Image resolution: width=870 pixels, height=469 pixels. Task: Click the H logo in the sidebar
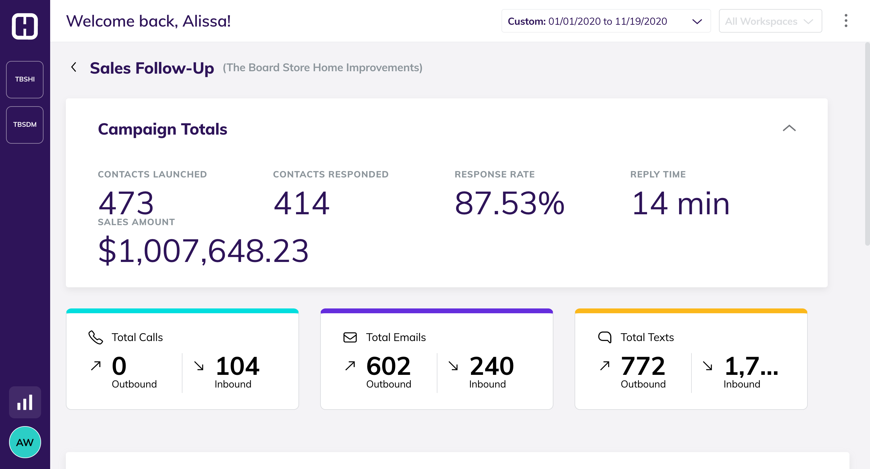(25, 26)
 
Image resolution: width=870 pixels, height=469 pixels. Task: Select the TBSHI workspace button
(25, 79)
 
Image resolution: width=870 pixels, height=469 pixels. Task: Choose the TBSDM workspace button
(25, 125)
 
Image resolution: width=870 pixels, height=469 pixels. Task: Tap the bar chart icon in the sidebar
(25, 402)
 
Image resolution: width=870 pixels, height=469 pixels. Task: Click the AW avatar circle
(25, 442)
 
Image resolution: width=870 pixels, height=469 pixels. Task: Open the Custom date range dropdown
(606, 21)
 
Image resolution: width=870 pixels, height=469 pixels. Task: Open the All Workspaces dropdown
(770, 21)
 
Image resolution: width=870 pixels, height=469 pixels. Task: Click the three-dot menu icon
(846, 21)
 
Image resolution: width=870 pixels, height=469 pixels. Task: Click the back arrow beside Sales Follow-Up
(74, 67)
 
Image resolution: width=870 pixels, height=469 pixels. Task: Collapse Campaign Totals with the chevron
(789, 128)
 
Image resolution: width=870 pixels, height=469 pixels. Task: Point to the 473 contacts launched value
(126, 203)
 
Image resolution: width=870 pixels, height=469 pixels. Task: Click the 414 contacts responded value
(301, 203)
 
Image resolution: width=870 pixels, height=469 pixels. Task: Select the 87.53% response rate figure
(509, 203)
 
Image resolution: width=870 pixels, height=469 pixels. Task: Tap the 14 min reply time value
(680, 203)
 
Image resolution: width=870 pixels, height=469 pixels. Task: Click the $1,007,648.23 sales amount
(203, 251)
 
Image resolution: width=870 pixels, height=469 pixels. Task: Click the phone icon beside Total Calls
(95, 337)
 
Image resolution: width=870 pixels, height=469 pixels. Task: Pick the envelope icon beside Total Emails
(350, 337)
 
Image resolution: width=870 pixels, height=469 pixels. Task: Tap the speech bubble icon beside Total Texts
(604, 337)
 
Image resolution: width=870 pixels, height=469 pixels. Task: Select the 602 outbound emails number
(388, 366)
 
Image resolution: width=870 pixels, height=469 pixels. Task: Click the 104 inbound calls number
(237, 366)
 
